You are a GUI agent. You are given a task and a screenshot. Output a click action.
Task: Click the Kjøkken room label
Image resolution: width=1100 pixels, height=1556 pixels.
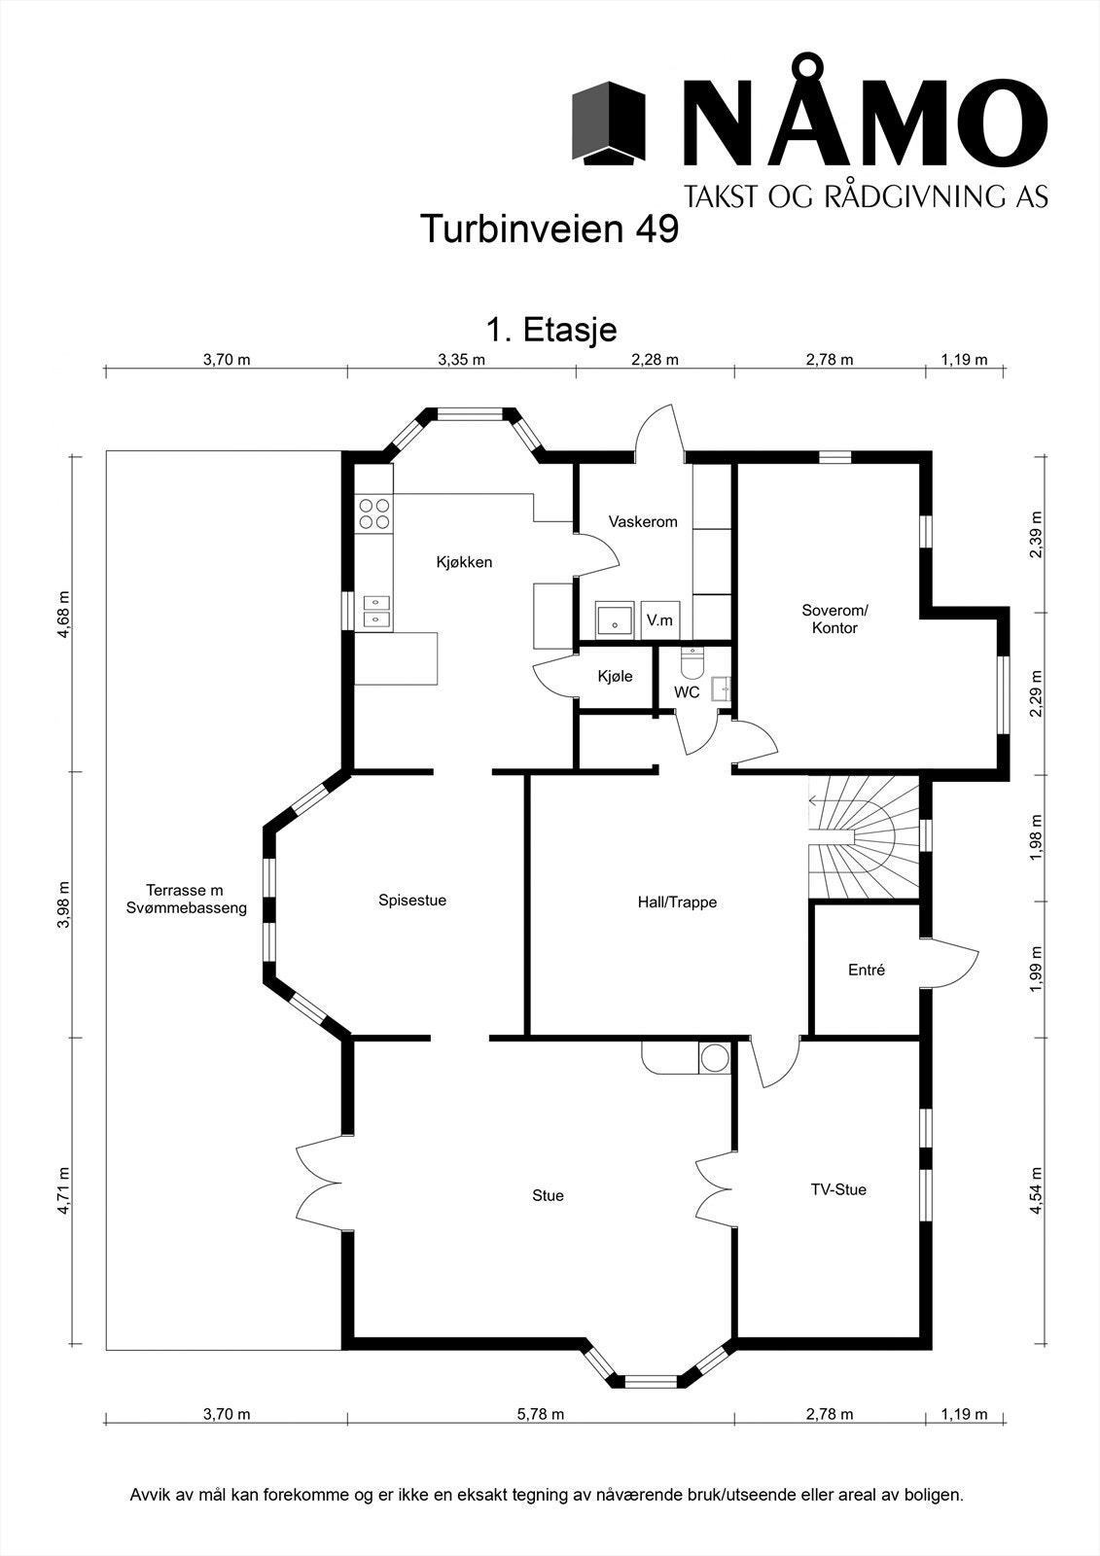pos(464,562)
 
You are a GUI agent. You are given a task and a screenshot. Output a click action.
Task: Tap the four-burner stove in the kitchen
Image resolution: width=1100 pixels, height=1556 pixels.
pos(373,513)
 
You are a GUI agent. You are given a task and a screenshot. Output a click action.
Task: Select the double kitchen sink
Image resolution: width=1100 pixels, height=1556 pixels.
pos(375,611)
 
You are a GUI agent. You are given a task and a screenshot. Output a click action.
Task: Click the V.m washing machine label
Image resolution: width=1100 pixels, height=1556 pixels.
pos(659,619)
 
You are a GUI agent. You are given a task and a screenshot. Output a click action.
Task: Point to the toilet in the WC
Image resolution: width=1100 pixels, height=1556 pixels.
pos(692,662)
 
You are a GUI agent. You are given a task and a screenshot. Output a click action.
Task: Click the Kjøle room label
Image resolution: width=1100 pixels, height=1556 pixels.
pos(616,676)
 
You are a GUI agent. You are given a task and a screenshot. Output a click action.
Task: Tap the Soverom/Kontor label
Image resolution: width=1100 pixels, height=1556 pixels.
pos(834,619)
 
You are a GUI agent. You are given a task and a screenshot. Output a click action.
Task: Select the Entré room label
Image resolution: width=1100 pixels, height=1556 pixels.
pos(867,970)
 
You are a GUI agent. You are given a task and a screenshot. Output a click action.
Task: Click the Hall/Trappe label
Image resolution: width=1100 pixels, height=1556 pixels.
pos(677,902)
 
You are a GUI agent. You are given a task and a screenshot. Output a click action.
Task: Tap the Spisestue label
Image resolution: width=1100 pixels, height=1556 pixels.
pos(412,901)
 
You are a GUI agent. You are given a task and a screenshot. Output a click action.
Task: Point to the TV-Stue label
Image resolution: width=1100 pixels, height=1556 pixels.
pos(838,1188)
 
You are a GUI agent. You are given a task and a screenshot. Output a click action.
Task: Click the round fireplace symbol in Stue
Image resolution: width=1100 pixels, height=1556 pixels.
pos(715,1058)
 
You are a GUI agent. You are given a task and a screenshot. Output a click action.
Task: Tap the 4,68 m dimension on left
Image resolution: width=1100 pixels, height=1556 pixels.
pos(64,614)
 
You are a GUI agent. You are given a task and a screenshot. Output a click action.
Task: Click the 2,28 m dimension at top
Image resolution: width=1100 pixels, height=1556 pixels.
pos(655,360)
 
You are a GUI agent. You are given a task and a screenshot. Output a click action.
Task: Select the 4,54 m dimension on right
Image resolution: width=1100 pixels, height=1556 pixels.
pos(1037,1190)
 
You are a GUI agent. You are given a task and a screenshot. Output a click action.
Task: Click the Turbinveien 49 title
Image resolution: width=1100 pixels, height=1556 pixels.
pos(549,230)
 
